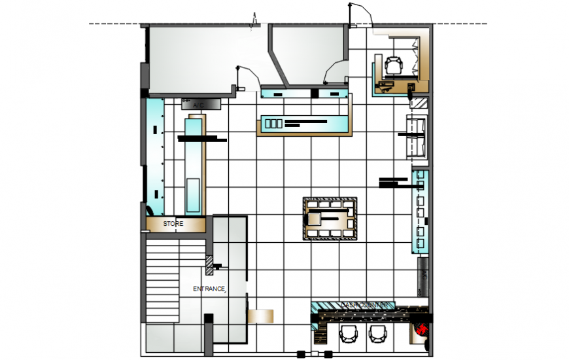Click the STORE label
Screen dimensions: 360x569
click(173, 224)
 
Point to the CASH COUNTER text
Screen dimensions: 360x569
click(365, 306)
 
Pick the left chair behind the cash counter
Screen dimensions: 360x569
click(348, 333)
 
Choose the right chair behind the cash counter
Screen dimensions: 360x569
click(377, 333)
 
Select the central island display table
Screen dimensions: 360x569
click(329, 219)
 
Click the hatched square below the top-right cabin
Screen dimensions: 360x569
click(419, 103)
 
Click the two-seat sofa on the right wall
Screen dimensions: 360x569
click(417, 137)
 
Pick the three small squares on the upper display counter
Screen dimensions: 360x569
click(273, 122)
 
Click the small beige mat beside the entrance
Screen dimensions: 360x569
click(260, 315)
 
